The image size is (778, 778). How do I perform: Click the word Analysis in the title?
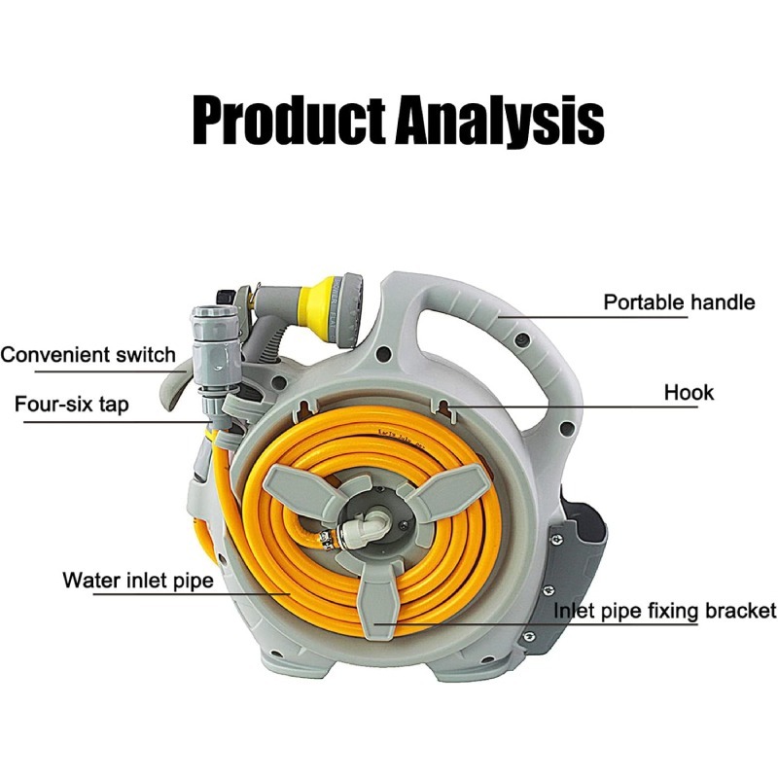pyautogui.click(x=500, y=121)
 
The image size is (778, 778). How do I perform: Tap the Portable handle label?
pyautogui.click(x=679, y=301)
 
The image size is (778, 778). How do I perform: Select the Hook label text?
pyautogui.click(x=689, y=393)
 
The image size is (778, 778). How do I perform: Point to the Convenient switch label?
pyautogui.click(x=88, y=355)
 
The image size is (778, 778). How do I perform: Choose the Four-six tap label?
pyautogui.click(x=72, y=405)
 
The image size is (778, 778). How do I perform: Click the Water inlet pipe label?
pyautogui.click(x=138, y=580)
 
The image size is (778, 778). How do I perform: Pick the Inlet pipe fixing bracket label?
pyautogui.click(x=665, y=611)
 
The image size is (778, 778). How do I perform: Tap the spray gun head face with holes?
pyautogui.click(x=352, y=310)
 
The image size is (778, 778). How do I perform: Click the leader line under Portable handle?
pyautogui.click(x=593, y=317)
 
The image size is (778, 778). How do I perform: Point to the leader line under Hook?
pyautogui.click(x=571, y=407)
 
